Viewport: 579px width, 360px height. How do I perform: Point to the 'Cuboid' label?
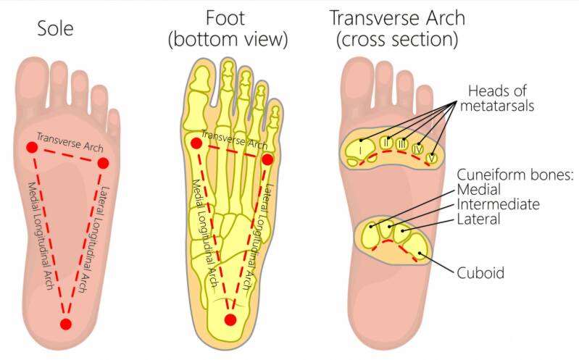pos(480,273)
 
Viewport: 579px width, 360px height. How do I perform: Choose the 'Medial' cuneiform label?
pos(478,191)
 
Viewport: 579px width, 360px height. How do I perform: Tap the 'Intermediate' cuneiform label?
pos(497,205)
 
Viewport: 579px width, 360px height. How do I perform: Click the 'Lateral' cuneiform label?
pos(478,219)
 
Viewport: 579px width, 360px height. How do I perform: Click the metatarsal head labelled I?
pos(359,150)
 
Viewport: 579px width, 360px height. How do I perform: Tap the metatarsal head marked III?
pos(403,144)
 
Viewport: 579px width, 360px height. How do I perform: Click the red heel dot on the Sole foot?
pos(66,324)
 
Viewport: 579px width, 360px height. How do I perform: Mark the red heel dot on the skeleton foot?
pos(230,319)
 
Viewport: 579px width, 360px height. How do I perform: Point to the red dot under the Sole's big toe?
pos(32,148)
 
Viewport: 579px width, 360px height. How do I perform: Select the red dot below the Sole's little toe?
pos(103,162)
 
